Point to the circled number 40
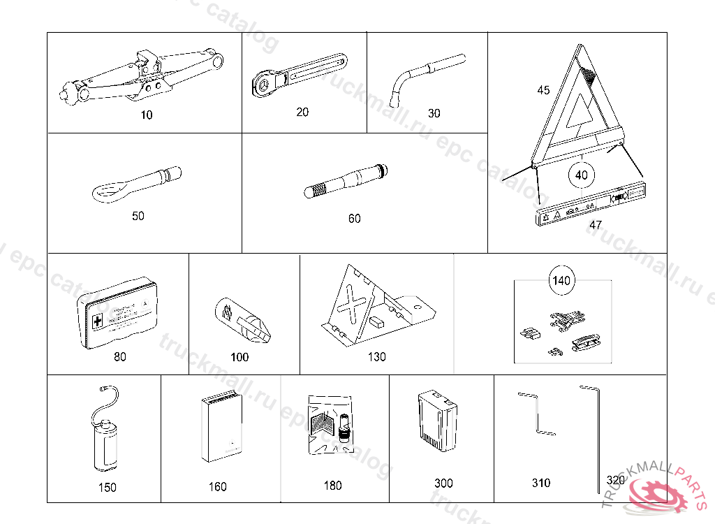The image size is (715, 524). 582,175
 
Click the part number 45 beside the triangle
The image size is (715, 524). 543,90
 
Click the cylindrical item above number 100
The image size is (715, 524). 241,321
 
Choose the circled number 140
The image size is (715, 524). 561,281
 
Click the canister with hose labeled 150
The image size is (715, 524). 104,440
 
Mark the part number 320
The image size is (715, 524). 615,481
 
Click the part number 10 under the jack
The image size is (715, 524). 146,115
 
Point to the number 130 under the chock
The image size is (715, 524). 376,357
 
